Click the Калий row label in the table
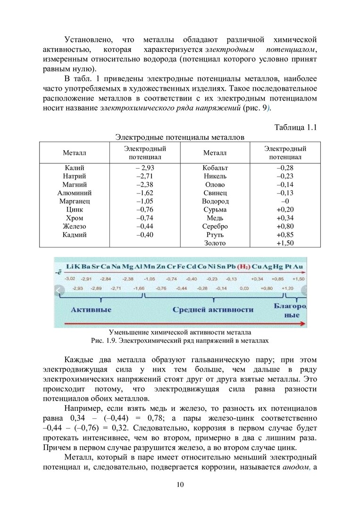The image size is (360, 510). (x=74, y=168)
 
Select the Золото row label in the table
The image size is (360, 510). (x=215, y=243)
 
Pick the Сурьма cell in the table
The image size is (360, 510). (x=215, y=210)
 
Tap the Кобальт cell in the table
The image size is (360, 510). (x=215, y=168)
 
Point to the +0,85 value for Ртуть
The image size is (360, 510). (x=285, y=235)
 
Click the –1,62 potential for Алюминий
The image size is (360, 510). (x=144, y=193)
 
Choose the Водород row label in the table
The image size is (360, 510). (x=215, y=201)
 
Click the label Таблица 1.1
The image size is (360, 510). (x=295, y=127)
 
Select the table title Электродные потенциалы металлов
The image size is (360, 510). (x=180, y=137)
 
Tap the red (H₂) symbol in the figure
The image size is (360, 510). (x=243, y=266)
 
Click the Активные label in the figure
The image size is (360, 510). (x=91, y=310)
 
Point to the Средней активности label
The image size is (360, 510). (x=212, y=310)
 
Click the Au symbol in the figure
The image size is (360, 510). (x=298, y=266)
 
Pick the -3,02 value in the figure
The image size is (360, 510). (x=70, y=279)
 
